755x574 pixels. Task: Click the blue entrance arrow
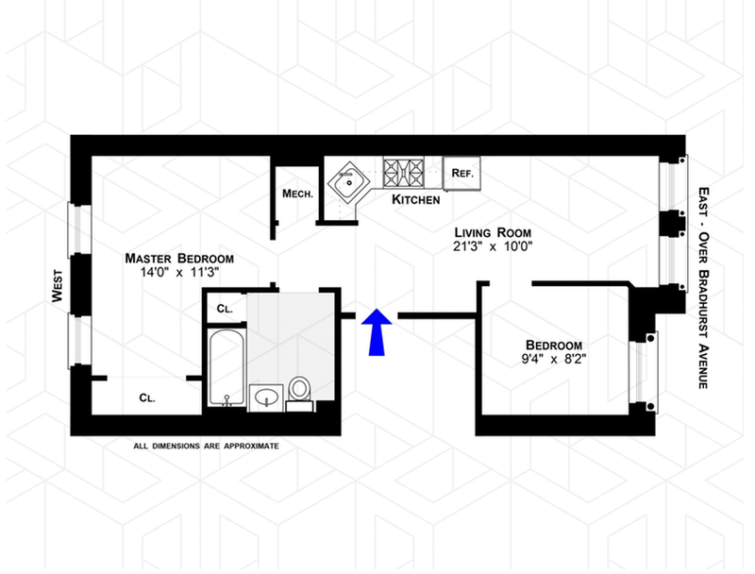[377, 331]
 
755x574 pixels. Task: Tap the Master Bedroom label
[179, 258]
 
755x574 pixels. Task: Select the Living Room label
[493, 232]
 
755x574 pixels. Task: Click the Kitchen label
[416, 200]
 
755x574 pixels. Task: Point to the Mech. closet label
[297, 194]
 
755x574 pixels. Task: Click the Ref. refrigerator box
[462, 173]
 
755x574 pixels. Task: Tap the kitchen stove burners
[403, 172]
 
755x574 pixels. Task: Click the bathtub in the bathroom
[226, 367]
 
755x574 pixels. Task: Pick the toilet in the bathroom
[300, 389]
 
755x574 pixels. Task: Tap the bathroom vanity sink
[267, 397]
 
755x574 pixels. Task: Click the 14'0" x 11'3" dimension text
[179, 273]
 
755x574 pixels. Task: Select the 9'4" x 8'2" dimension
[554, 360]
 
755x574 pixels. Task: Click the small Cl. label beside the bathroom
[225, 309]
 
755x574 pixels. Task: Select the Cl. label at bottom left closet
[147, 397]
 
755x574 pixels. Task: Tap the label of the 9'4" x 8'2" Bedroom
[554, 345]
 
